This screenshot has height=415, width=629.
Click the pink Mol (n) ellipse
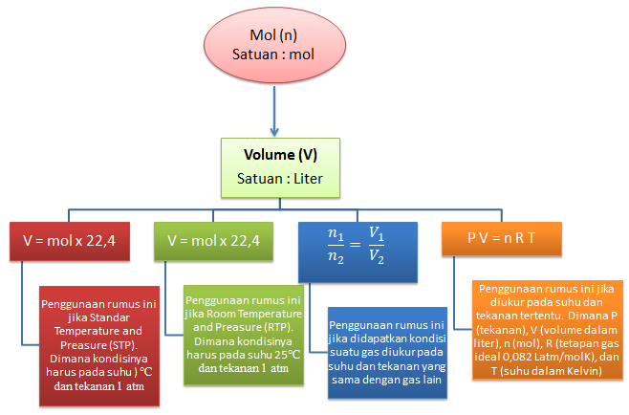[272, 45]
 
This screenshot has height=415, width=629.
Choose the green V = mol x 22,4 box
[212, 241]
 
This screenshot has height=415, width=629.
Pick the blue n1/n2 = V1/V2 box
[356, 248]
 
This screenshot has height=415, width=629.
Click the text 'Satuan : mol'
[272, 55]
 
